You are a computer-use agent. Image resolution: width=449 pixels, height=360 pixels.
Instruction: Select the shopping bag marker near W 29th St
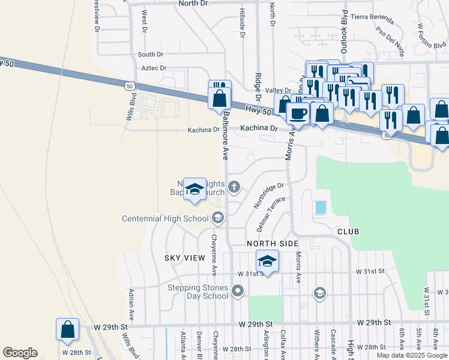(67, 329)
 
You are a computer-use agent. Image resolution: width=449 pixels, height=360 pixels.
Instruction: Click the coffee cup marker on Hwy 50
(298, 113)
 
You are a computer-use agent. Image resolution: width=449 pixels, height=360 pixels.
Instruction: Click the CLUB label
(348, 231)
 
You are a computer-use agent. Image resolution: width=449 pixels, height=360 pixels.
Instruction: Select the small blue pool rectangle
(321, 207)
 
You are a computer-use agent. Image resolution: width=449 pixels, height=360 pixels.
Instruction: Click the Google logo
(20, 353)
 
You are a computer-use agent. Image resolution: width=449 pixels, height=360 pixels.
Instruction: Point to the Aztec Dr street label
(154, 68)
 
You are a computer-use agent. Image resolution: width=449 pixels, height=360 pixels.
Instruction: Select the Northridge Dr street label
(268, 196)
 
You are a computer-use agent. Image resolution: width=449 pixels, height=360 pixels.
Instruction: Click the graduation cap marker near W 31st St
(267, 261)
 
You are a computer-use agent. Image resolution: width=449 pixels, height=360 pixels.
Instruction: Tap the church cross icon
(234, 188)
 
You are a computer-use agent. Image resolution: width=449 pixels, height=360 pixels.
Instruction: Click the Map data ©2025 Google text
(412, 355)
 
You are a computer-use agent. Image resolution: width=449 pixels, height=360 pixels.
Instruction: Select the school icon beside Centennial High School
(218, 218)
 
